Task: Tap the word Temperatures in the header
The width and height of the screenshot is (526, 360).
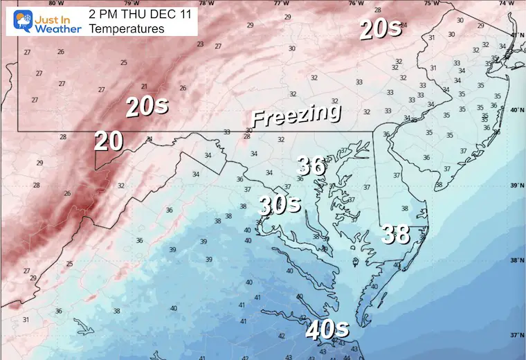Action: pyautogui.click(x=127, y=29)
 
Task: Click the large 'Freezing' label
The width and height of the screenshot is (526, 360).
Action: pyautogui.click(x=296, y=114)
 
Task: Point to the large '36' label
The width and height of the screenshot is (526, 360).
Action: pyautogui.click(x=311, y=165)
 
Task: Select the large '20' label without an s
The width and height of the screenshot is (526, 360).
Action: pyautogui.click(x=109, y=141)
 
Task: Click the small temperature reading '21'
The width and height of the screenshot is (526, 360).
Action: pyautogui.click(x=145, y=87)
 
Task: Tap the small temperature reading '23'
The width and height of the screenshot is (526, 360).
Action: pyautogui.click(x=200, y=44)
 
